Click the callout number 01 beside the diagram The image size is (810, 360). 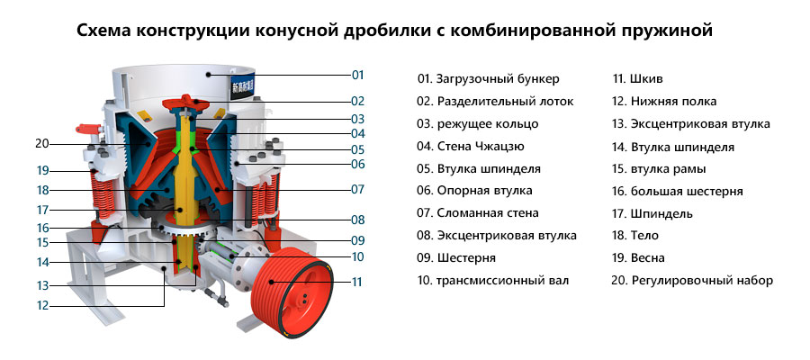(x=358, y=75)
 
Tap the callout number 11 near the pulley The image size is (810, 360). (x=357, y=282)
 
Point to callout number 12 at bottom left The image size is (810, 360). (x=42, y=305)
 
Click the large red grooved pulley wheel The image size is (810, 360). (x=292, y=292)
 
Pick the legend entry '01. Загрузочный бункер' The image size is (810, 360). (x=488, y=79)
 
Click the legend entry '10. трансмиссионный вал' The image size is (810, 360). (x=493, y=281)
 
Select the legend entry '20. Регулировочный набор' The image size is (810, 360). (x=692, y=281)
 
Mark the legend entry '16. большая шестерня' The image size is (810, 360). (x=678, y=192)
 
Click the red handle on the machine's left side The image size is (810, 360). (x=86, y=128)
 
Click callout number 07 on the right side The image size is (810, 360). (x=358, y=189)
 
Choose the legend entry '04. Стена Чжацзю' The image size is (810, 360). (x=471, y=147)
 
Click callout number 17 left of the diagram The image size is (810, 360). (x=42, y=211)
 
